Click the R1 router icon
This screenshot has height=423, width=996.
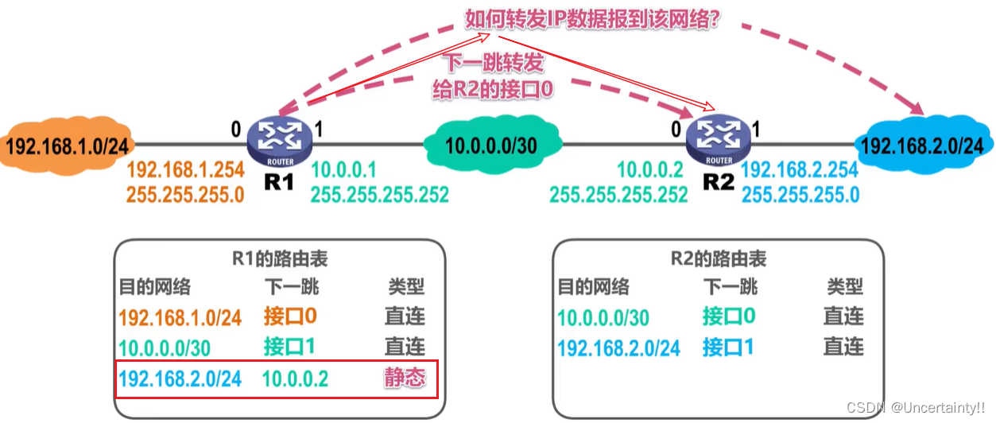coord(279,141)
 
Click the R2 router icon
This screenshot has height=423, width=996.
coord(718,141)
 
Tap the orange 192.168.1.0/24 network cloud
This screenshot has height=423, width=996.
coord(67,146)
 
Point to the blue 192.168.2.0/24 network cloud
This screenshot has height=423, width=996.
coord(921,146)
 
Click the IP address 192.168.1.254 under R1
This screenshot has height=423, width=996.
coord(184,170)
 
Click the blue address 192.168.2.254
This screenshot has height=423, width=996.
coord(800,170)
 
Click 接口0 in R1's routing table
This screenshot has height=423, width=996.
coord(291,316)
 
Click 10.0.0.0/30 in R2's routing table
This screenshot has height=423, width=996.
coord(603,317)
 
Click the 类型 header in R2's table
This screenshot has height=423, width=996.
coord(844,287)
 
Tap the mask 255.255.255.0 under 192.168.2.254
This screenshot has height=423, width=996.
coord(800,195)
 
